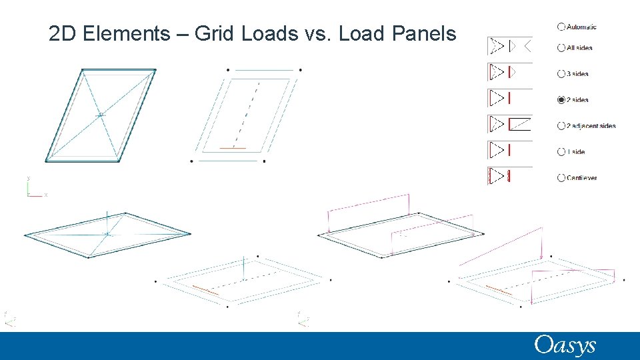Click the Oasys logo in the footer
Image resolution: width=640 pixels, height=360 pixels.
pyautogui.click(x=564, y=345)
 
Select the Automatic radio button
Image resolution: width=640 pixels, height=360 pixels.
pyautogui.click(x=561, y=27)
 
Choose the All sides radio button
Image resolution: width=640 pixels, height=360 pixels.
pyautogui.click(x=561, y=47)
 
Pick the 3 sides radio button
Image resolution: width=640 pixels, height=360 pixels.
pyautogui.click(x=561, y=73)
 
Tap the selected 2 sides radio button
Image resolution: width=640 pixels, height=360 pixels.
pyautogui.click(x=561, y=100)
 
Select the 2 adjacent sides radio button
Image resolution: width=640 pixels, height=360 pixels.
pyautogui.click(x=561, y=125)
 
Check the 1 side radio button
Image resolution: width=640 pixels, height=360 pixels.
pyautogui.click(x=561, y=152)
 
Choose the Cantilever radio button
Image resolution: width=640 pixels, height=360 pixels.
pyautogui.click(x=561, y=178)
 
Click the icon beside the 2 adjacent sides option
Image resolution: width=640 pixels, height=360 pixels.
pyautogui.click(x=511, y=124)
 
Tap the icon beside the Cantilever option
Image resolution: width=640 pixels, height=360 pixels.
pyautogui.click(x=511, y=176)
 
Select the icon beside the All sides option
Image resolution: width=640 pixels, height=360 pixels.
pyautogui.click(x=511, y=46)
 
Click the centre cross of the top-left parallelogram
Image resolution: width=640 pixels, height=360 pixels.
pyautogui.click(x=101, y=115)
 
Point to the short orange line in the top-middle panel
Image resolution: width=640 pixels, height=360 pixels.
pyautogui.click(x=233, y=147)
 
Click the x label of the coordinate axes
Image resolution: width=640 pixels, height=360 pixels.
pyautogui.click(x=46, y=195)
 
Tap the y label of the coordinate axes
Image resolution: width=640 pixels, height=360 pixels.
pyautogui.click(x=28, y=178)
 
